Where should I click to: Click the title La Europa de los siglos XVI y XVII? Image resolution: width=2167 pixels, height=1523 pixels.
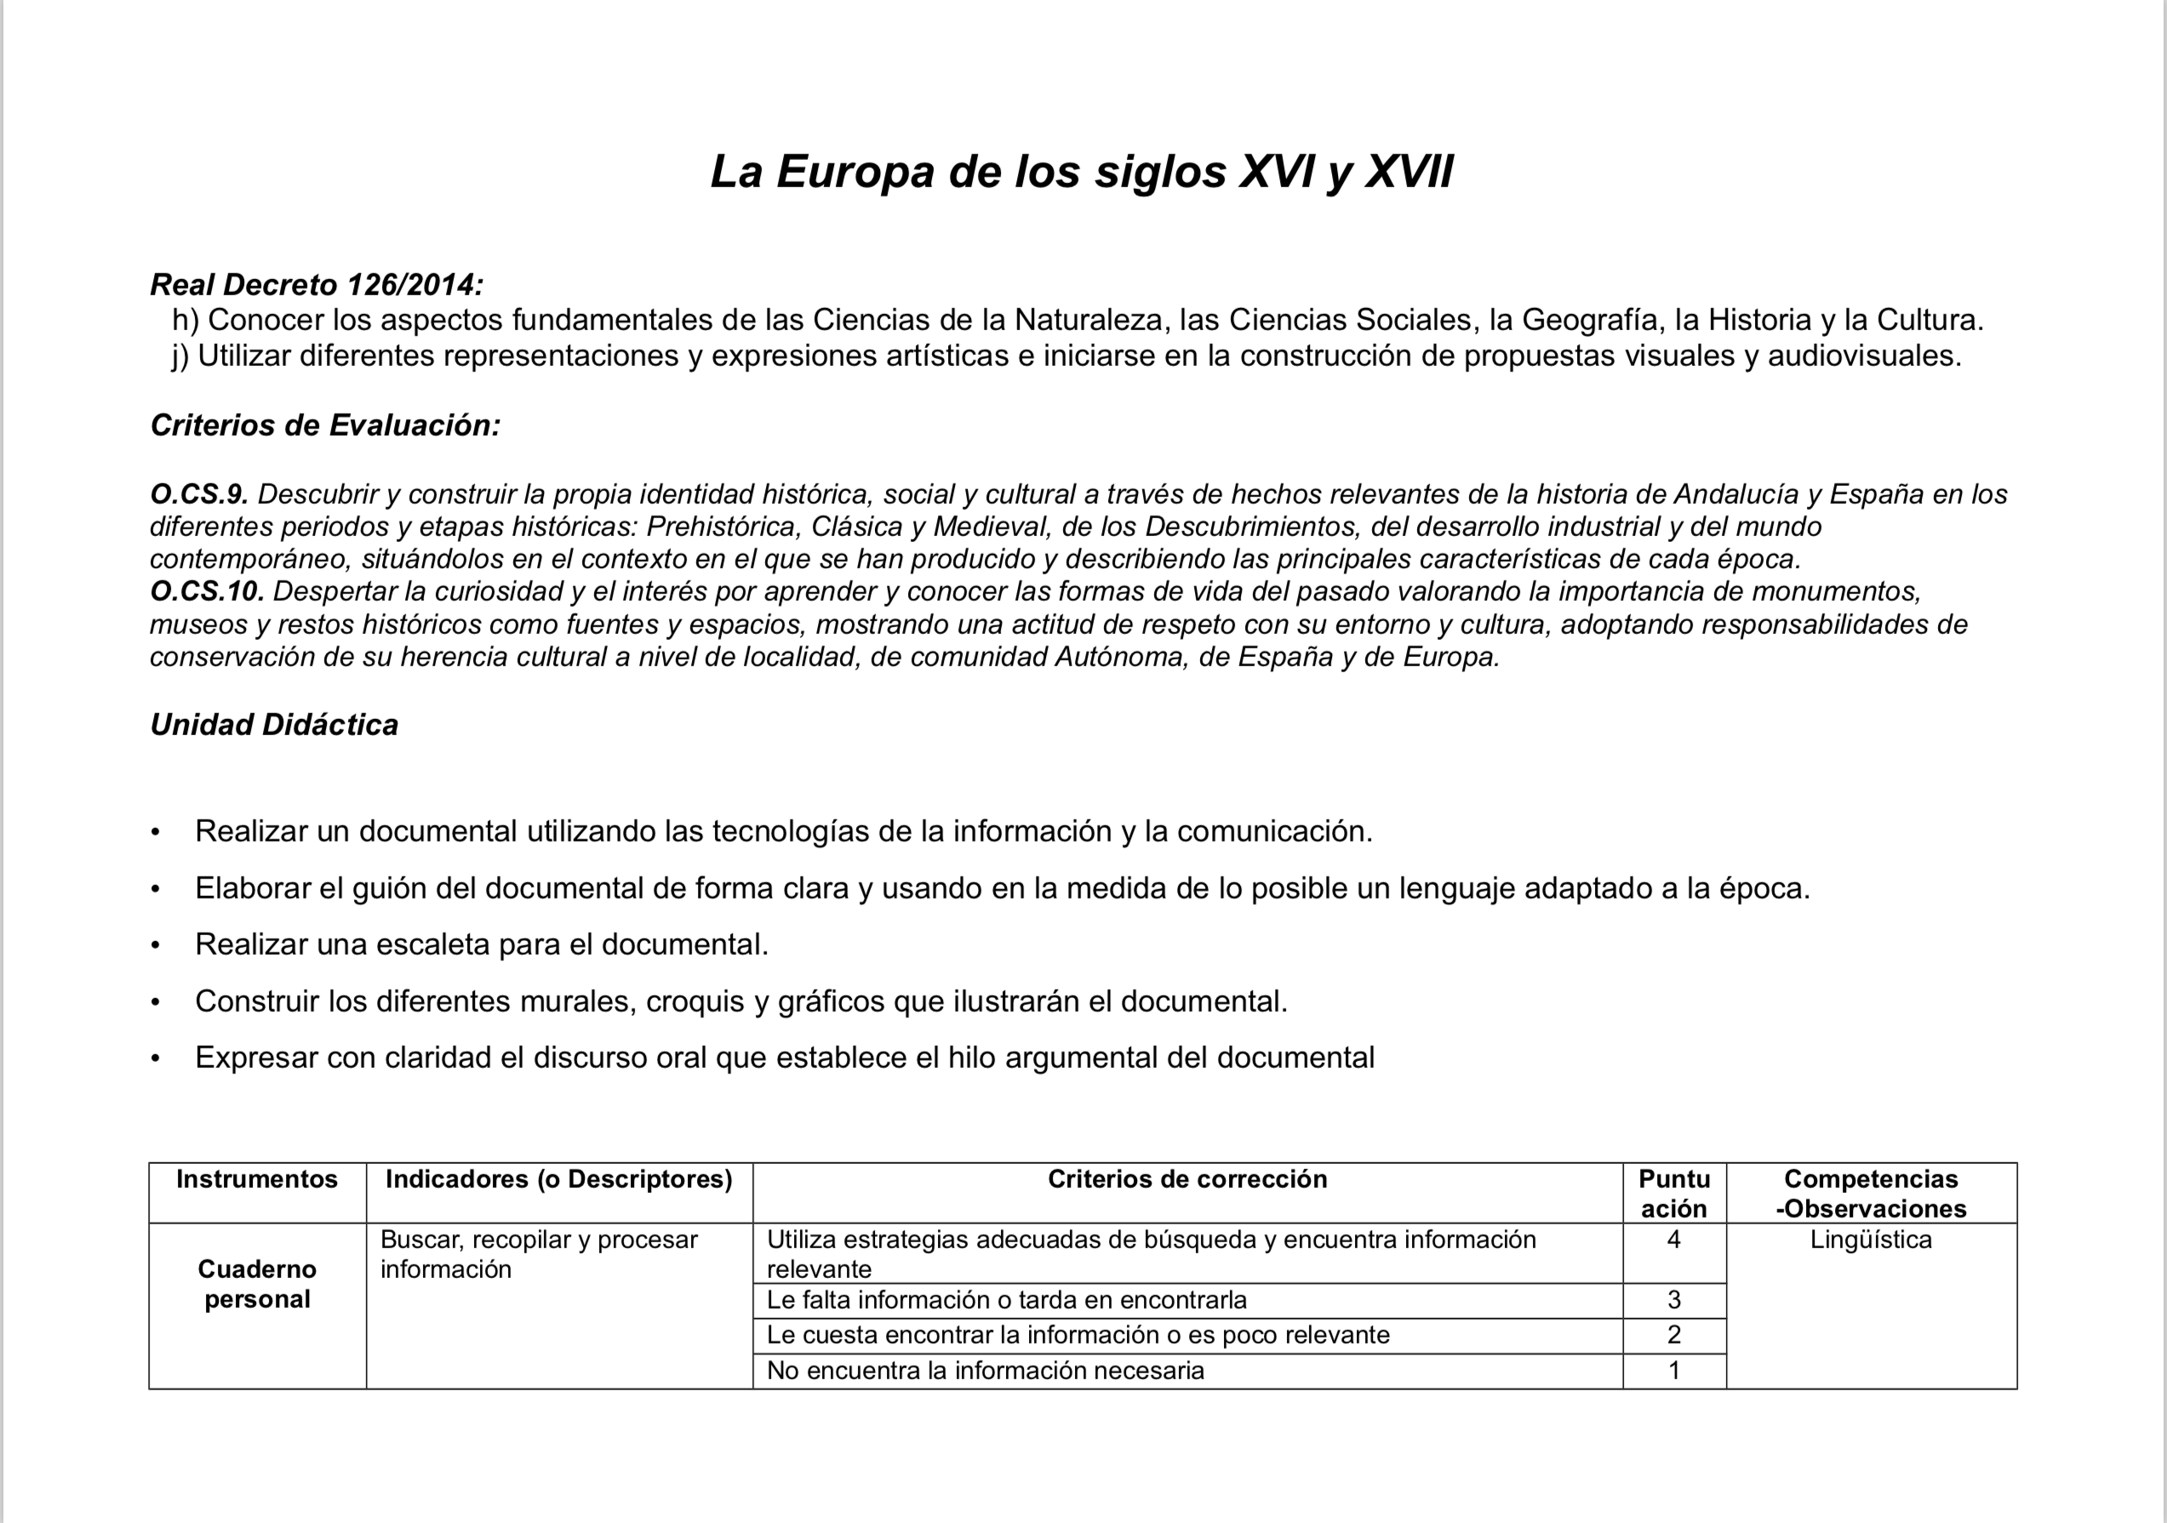[x=1081, y=172]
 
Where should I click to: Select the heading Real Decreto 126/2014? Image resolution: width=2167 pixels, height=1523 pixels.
[x=316, y=284]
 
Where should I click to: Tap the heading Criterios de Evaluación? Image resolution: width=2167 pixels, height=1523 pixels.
[x=324, y=425]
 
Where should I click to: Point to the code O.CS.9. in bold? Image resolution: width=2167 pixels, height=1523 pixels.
[x=198, y=493]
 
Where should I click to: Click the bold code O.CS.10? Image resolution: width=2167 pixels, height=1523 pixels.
[x=207, y=591]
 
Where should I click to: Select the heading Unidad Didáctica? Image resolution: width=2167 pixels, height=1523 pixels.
[x=274, y=724]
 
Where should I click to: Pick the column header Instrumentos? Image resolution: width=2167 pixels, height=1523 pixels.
[x=257, y=1179]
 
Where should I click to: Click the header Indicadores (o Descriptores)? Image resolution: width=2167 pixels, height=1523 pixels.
[x=558, y=1179]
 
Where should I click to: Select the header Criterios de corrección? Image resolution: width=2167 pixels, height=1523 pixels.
[x=1187, y=1179]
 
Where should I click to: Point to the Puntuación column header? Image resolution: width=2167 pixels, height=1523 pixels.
[x=1674, y=1194]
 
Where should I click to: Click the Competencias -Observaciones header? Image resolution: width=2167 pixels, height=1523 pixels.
[x=1871, y=1194]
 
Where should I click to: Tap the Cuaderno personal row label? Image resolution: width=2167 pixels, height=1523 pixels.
[x=257, y=1284]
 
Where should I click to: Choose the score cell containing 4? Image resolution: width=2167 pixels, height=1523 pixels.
[x=1674, y=1240]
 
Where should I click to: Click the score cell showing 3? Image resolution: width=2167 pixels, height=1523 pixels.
[x=1674, y=1300]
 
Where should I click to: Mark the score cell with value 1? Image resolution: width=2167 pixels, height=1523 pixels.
[x=1674, y=1370]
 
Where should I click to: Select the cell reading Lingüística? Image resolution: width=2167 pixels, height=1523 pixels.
[x=1871, y=1240]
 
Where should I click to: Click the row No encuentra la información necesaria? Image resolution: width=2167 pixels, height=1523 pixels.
[x=986, y=1370]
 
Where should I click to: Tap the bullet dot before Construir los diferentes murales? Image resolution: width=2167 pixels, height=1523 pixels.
[x=156, y=1002]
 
